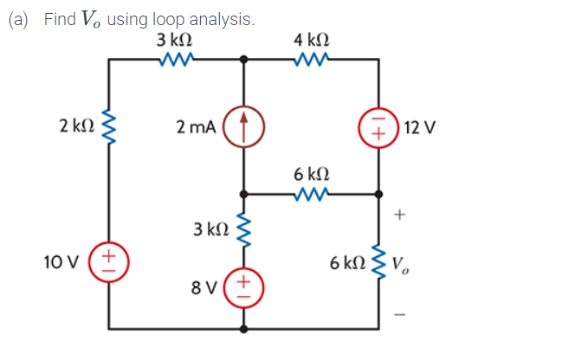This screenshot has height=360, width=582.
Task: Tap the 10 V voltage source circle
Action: pyautogui.click(x=108, y=259)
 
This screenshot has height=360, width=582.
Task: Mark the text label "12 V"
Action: pyautogui.click(x=420, y=127)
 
